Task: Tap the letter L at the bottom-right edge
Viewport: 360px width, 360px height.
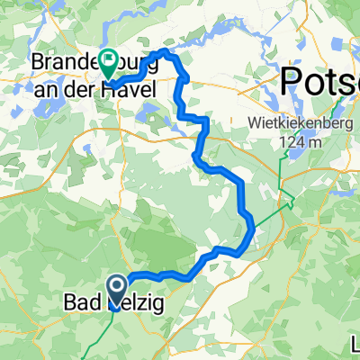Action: point(355,343)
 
